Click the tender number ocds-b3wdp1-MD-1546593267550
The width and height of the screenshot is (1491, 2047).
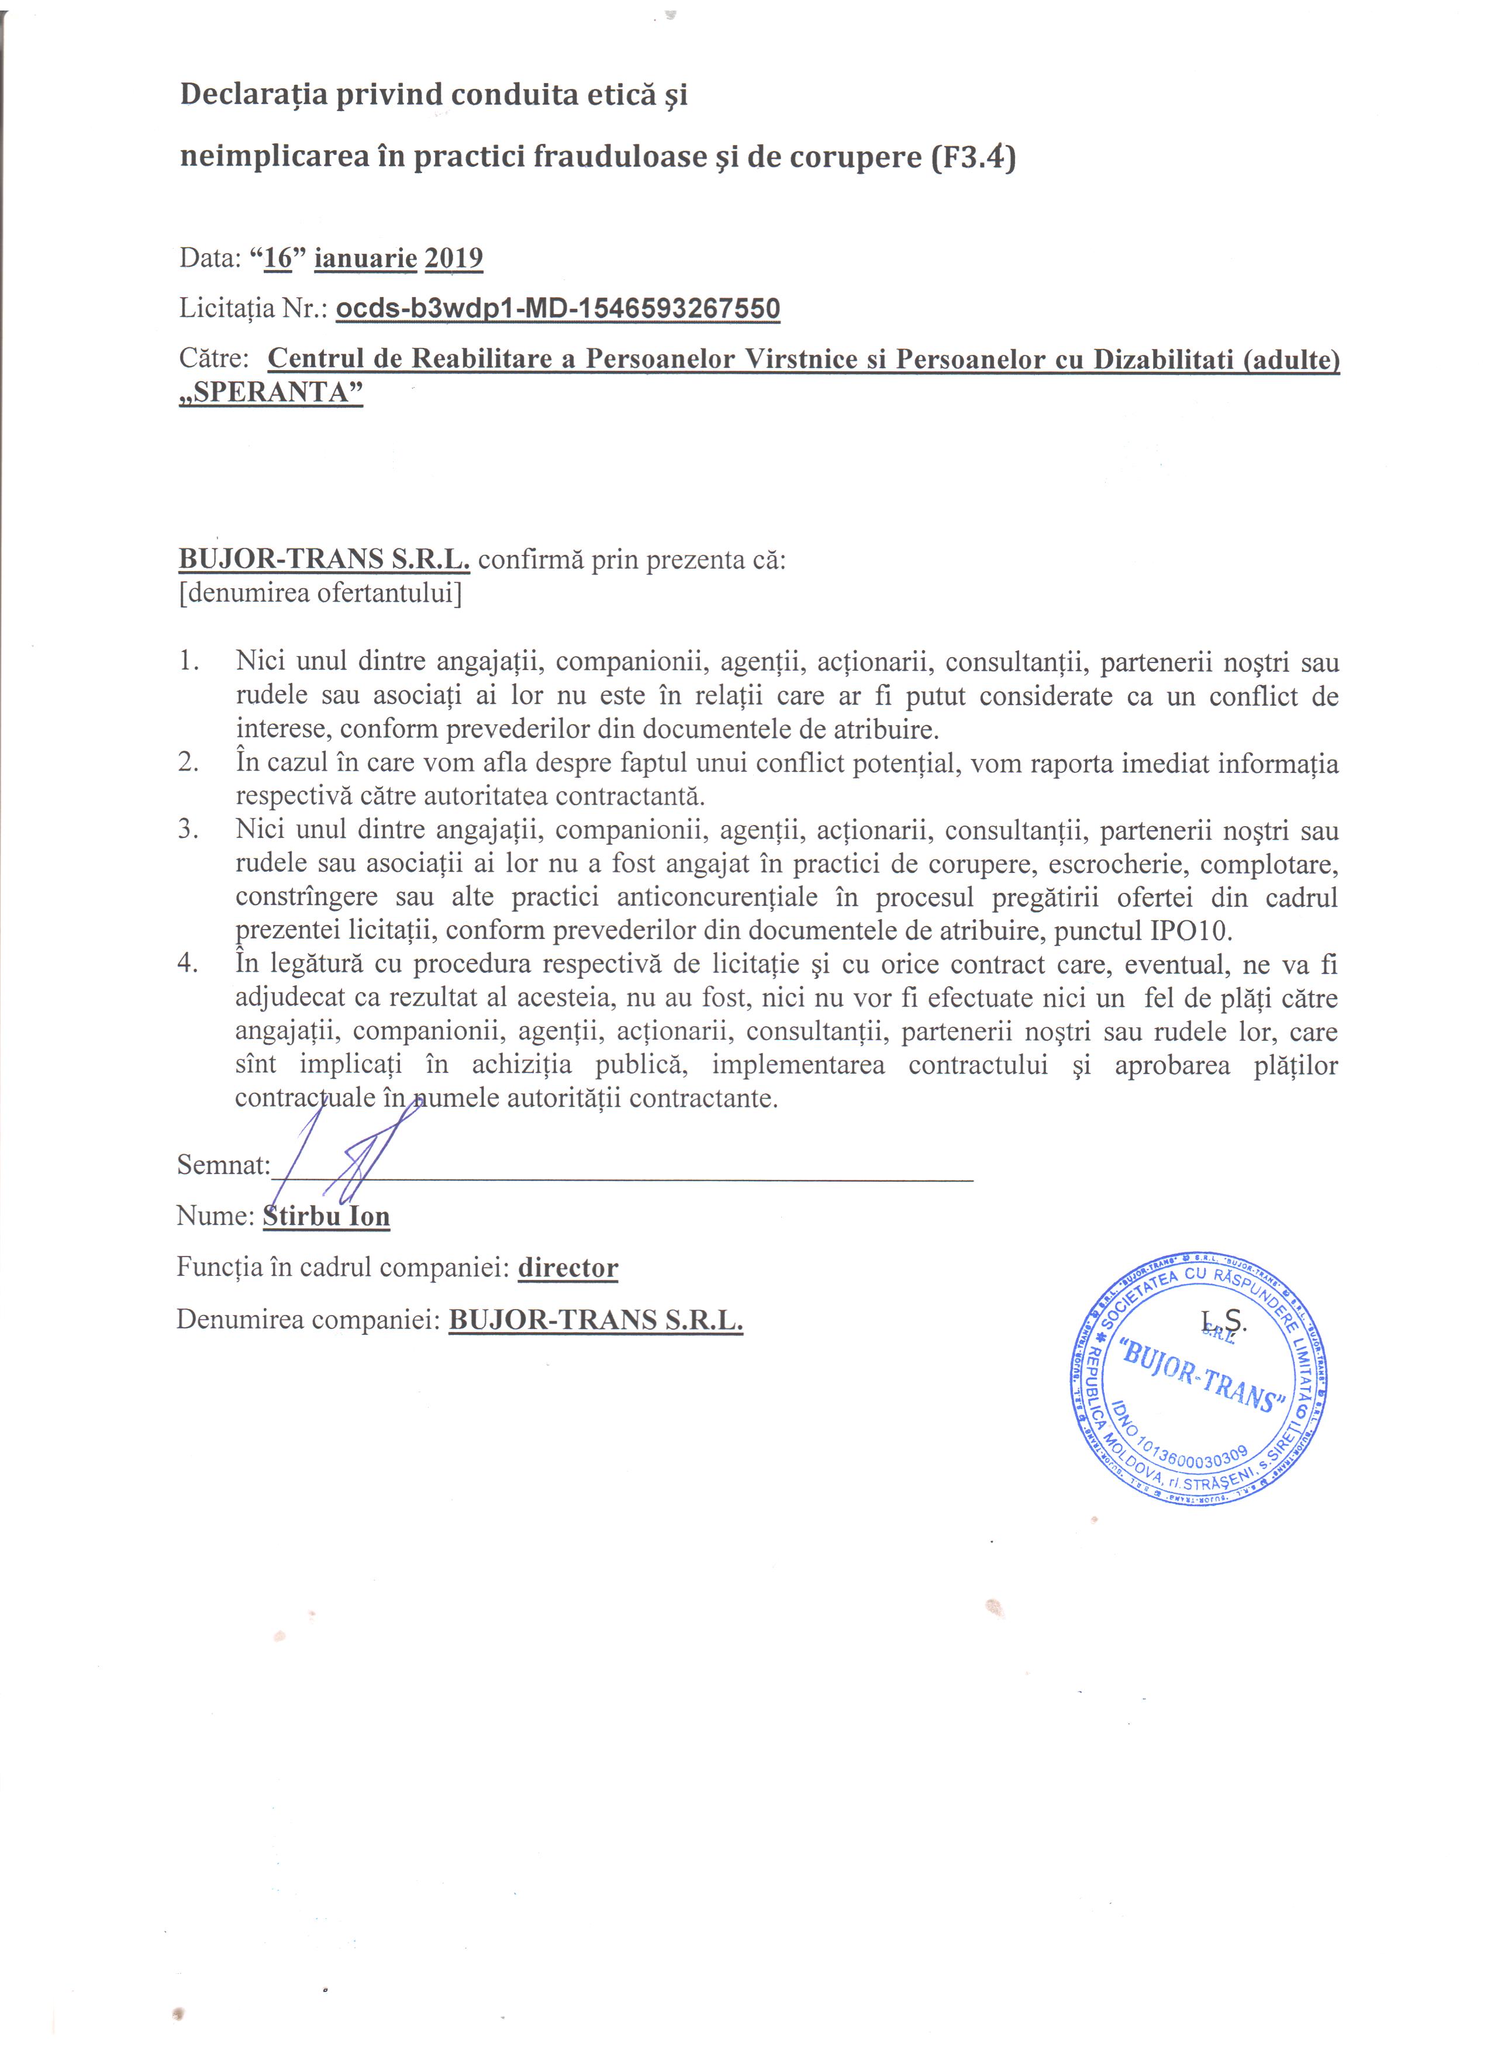(558, 309)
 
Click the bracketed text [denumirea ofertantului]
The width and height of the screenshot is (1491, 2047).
(320, 594)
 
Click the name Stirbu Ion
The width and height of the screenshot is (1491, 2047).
(327, 1217)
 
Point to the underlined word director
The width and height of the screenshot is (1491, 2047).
(568, 1268)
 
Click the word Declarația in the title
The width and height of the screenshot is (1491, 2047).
(254, 95)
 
